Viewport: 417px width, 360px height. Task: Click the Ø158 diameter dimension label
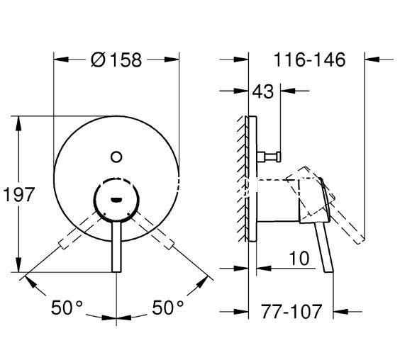point(116,60)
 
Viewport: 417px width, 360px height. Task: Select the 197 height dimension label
point(19,194)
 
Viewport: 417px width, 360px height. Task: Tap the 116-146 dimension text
point(309,60)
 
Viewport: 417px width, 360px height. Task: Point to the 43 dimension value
point(262,91)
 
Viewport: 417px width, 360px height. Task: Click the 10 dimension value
point(299,258)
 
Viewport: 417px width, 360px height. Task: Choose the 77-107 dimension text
point(291,311)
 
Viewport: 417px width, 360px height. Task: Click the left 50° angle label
point(67,308)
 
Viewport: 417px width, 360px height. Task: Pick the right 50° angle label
point(168,308)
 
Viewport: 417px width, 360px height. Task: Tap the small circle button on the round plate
point(116,157)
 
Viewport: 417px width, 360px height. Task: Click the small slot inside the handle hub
point(116,200)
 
